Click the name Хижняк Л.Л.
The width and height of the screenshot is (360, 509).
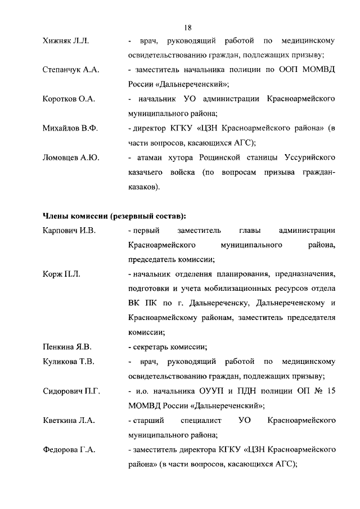point(66,41)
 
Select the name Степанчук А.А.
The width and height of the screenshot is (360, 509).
point(70,70)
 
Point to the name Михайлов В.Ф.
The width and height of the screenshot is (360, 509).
point(70,129)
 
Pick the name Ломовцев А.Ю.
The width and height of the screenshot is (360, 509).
point(71,158)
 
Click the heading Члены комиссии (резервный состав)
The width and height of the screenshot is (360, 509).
point(115,216)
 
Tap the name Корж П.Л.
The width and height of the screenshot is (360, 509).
point(61,274)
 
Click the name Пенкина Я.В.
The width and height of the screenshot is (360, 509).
point(67,346)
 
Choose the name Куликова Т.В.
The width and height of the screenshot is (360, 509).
point(68,361)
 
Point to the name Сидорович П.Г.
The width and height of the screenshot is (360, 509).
point(71,390)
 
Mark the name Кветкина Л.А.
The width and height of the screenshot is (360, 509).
point(68,420)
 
